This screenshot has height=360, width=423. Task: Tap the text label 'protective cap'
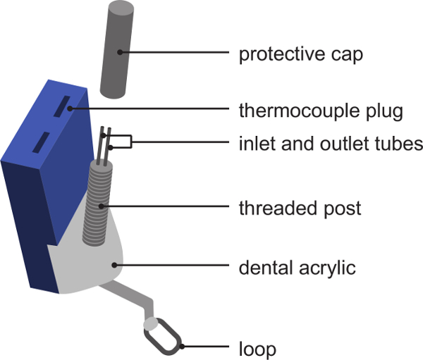pos(302,54)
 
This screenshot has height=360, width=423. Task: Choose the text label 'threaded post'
pos(300,208)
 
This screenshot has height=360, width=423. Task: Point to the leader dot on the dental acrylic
pos(114,265)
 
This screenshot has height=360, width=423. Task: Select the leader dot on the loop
pos(181,346)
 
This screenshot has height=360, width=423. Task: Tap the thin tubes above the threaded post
pos(105,144)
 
